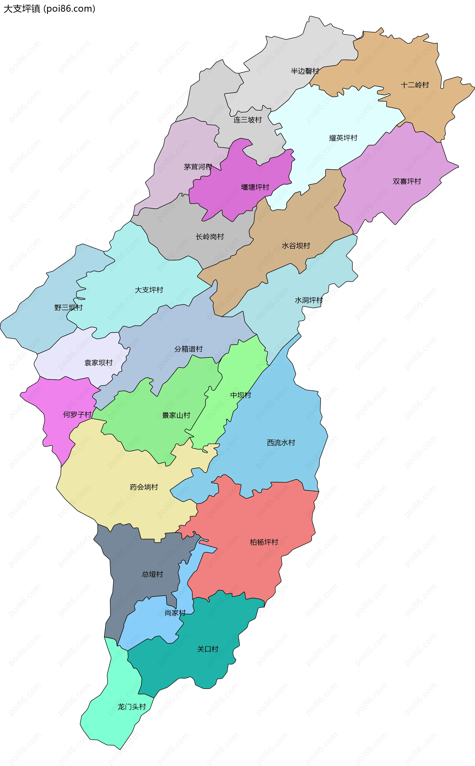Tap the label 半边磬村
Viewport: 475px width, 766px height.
[x=305, y=71]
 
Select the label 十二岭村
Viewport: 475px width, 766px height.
[x=415, y=85]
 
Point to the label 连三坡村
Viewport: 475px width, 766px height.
[x=248, y=120]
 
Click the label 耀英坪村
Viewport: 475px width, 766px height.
[x=343, y=138]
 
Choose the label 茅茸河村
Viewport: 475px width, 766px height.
[x=198, y=167]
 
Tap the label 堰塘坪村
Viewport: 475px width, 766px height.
[x=255, y=187]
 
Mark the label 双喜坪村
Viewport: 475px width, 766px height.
[x=407, y=181]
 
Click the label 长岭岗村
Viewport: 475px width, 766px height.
[x=210, y=236]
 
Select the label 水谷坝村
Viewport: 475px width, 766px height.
[x=296, y=246]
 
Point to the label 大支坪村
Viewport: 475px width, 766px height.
[x=149, y=290]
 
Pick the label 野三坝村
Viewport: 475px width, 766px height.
[x=69, y=307]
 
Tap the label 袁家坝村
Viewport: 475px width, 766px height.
[x=98, y=362]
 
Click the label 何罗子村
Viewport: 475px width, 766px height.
[x=77, y=415]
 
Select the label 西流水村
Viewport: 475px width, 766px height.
[x=281, y=443]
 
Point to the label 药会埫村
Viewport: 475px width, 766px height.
[x=144, y=487]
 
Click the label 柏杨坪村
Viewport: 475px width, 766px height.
[x=264, y=542]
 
